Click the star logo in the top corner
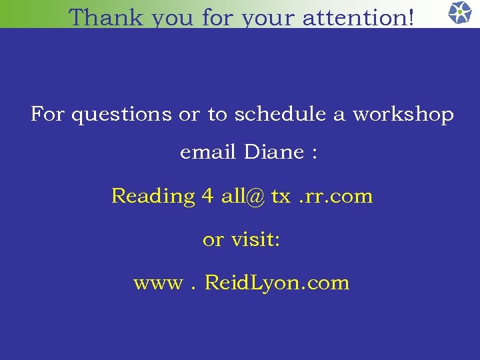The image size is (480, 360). coord(459,13)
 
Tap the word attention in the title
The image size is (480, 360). coord(351,18)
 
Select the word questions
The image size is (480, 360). coord(121,115)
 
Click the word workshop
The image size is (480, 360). coord(403,115)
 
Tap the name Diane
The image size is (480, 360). coord(274,153)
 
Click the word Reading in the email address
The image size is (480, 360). coord(152,197)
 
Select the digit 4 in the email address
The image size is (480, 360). coord(208,196)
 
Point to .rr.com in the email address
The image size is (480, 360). coord(336,197)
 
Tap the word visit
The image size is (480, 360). coord(255,239)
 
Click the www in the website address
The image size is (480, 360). coord(157,284)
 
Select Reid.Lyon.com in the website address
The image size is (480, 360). coord(277,283)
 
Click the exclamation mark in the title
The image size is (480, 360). coord(409,17)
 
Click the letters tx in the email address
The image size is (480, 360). coord(281,197)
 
